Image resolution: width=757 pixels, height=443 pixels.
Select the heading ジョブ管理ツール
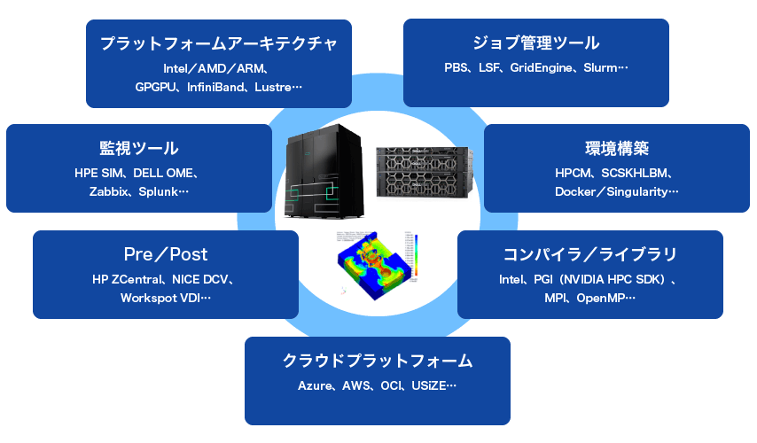535,43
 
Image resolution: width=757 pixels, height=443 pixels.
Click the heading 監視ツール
138,148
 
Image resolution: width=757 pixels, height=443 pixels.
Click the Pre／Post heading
165,254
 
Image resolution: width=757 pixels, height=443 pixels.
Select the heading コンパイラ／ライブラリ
589,254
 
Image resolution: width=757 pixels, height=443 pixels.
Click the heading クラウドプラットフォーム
377,361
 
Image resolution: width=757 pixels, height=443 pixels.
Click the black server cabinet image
324,175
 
